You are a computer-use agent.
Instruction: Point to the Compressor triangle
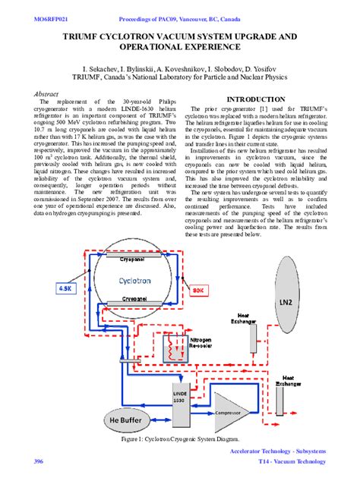[x=227, y=413]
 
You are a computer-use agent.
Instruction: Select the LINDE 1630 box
[x=179, y=398]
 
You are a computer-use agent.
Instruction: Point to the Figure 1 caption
[x=180, y=439]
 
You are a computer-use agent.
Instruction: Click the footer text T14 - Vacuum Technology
[x=292, y=461]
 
